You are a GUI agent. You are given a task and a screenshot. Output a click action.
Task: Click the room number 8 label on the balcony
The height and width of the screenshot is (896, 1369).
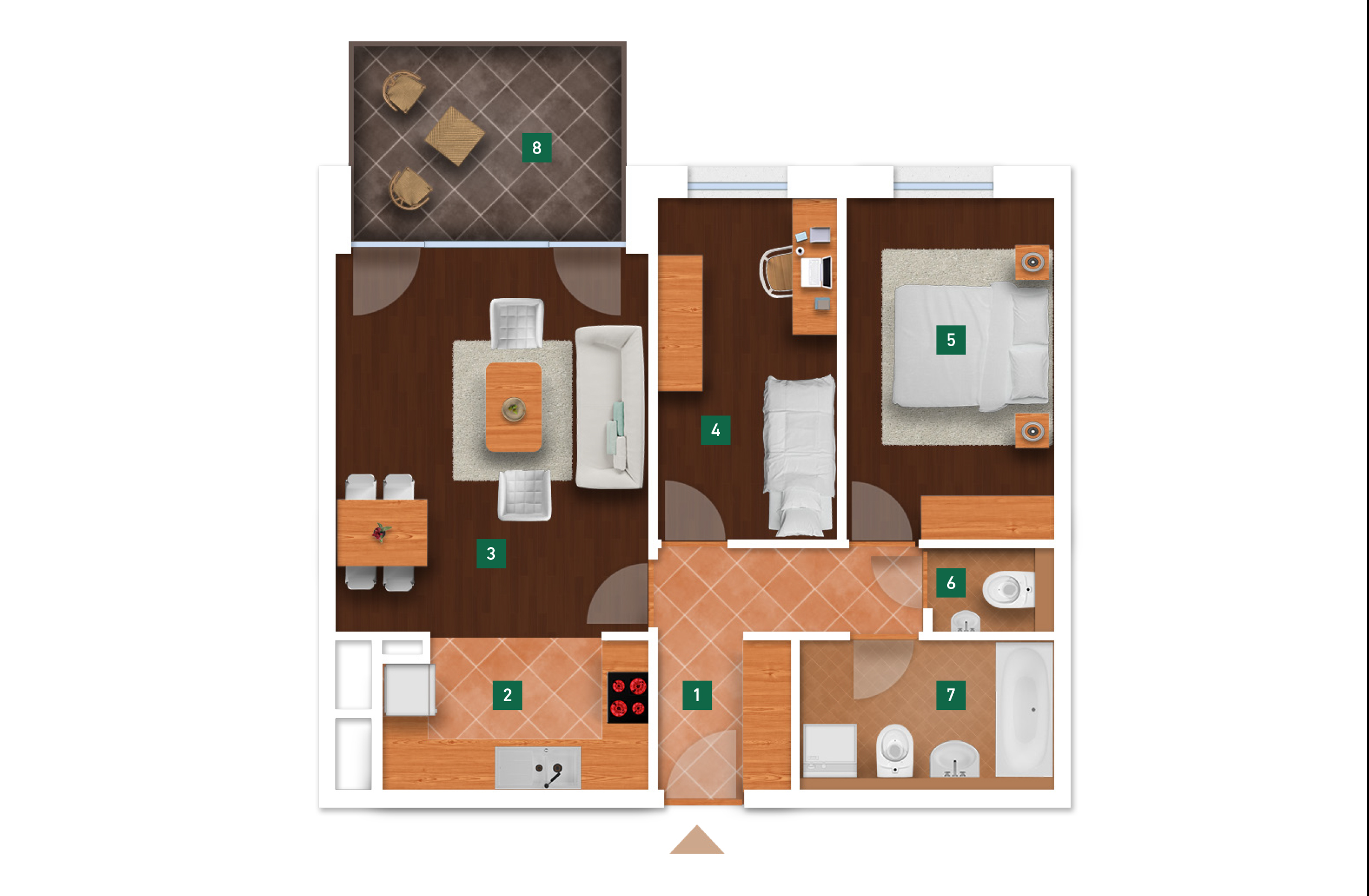coord(537,148)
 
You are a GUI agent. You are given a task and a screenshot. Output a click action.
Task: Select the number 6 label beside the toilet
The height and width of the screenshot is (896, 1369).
coord(951,582)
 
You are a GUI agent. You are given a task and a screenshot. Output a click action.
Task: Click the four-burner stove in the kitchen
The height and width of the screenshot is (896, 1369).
coord(628,698)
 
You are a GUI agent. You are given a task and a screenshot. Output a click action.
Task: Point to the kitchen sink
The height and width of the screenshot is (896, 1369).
coord(538,768)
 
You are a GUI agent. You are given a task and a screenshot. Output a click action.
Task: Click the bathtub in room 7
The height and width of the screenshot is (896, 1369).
coord(1024,709)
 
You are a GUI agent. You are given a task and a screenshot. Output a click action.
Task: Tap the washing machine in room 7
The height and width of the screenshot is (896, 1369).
coord(830,750)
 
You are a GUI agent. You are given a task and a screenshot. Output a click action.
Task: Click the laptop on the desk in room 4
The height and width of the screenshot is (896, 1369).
coord(816,272)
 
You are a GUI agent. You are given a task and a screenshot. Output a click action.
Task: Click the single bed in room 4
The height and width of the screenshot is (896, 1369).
coord(800,455)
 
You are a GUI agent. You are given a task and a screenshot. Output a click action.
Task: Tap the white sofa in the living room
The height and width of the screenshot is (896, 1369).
coord(610,407)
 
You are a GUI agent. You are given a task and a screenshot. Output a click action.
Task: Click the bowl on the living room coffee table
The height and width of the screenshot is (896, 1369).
coord(513,410)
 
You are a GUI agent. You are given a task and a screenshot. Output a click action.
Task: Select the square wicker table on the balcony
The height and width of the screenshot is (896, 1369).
coord(455,136)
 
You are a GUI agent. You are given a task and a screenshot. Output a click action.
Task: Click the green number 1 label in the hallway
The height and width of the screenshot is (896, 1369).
coord(697,694)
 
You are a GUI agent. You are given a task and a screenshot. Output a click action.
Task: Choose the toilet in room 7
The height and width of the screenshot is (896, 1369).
coord(895,749)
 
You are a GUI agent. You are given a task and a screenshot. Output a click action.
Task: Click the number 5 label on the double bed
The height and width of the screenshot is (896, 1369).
coord(951,340)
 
